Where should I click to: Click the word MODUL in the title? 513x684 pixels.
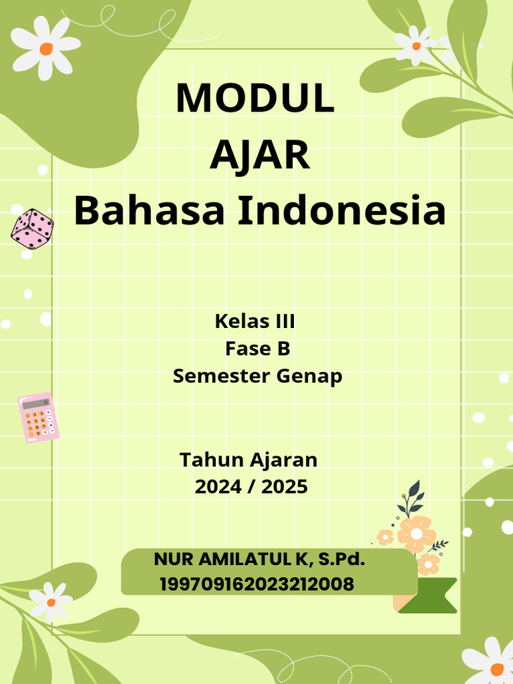coord(254,98)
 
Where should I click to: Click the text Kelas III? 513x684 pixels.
coord(254,321)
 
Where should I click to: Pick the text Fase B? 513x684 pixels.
coord(257,349)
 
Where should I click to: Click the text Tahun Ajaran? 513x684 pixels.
coord(248,460)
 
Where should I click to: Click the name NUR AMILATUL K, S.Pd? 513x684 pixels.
coord(259,560)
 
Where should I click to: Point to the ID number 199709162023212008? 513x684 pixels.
coord(257,584)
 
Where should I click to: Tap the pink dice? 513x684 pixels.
coord(32,228)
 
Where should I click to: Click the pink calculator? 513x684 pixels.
coord(38,417)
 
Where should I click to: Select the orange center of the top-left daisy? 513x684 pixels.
coord(45,49)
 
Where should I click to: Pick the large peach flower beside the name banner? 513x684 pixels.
coord(416,534)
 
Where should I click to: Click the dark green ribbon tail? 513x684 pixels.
coord(435,596)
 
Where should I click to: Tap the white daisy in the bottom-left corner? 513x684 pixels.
coord(51,601)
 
